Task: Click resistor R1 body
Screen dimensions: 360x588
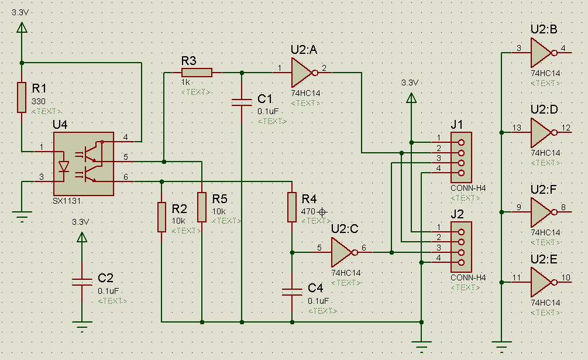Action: (22, 97)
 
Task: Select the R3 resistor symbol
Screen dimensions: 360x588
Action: (197, 73)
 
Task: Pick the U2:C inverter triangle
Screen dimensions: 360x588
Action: (342, 252)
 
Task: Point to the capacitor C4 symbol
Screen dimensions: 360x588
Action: (292, 291)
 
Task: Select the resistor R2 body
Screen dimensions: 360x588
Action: (161, 217)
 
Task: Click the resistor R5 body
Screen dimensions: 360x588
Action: (202, 207)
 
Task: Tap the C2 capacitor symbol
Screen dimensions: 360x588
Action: (82, 282)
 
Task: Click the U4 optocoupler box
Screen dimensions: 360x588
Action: (83, 164)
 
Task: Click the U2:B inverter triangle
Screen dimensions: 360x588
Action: (541, 53)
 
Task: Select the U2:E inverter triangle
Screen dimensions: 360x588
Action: (541, 282)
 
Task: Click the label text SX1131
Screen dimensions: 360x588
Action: (67, 201)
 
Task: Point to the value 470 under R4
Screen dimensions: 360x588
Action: (308, 211)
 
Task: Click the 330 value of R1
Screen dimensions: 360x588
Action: (38, 101)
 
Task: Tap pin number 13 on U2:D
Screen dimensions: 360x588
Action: (517, 128)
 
